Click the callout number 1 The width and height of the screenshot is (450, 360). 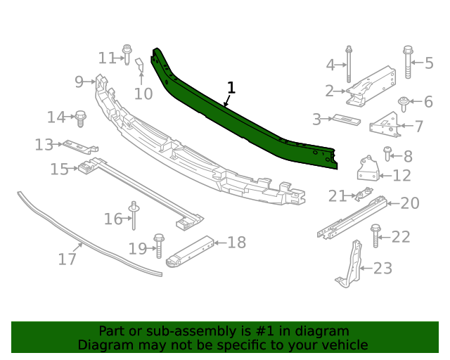click(231, 89)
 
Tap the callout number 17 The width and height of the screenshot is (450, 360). click(67, 259)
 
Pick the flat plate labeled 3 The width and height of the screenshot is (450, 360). click(347, 120)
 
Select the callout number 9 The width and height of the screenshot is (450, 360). click(79, 82)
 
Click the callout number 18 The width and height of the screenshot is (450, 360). click(237, 243)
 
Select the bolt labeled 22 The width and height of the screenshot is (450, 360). click(375, 235)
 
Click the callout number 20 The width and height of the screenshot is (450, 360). click(409, 203)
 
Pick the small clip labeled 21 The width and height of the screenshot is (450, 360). click(363, 195)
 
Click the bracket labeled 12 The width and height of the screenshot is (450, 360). click(368, 170)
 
